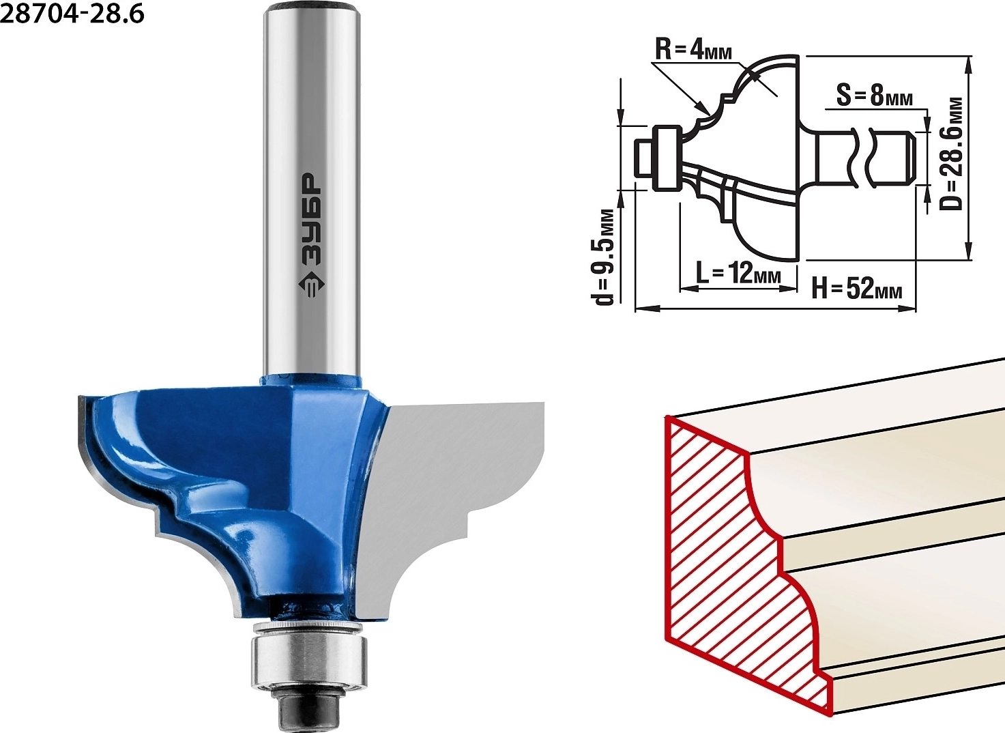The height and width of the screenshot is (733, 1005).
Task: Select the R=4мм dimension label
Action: point(694,51)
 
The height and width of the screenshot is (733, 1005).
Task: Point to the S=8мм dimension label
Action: point(875,96)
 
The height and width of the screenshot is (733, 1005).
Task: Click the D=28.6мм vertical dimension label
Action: point(950,154)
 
